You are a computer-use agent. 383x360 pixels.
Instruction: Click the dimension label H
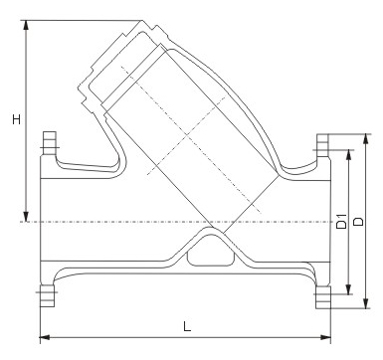[15, 119]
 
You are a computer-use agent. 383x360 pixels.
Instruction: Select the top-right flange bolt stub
[322, 140]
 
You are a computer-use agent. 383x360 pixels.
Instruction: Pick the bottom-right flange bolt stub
[322, 296]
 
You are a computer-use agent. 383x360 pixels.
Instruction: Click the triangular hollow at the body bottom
[207, 251]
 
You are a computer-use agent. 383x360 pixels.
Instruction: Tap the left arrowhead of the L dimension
[43, 335]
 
